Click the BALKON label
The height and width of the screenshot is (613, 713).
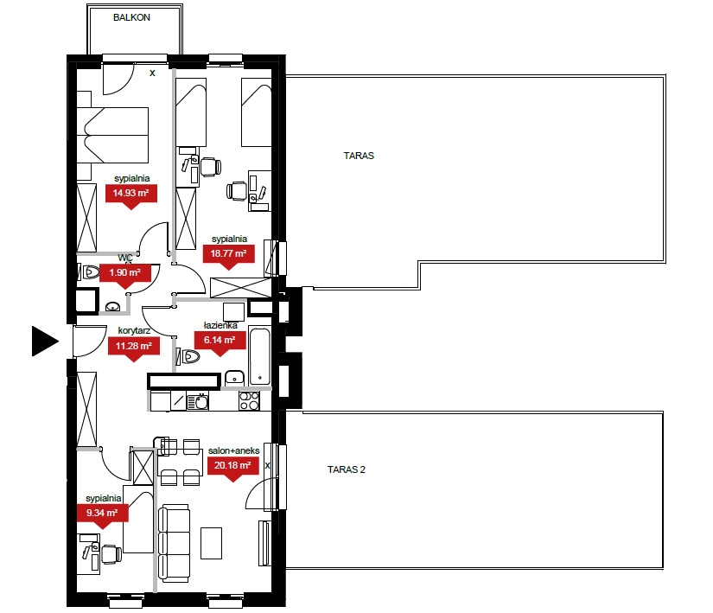(131, 17)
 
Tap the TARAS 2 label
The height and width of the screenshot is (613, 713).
(346, 469)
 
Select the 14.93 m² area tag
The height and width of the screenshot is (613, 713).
(131, 195)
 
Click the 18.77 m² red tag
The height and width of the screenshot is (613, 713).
(228, 255)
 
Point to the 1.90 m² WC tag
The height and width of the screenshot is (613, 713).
(125, 274)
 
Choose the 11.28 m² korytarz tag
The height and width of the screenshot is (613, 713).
(134, 348)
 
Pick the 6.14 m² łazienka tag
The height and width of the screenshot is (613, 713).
(220, 342)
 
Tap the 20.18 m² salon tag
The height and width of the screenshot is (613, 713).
(233, 467)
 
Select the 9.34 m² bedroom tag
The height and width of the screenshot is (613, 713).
(102, 514)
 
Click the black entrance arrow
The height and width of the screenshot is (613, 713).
(45, 341)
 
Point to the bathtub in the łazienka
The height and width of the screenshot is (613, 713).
(259, 356)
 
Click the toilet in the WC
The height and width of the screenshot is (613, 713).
(90, 272)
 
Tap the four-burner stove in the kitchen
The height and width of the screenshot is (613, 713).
(249, 400)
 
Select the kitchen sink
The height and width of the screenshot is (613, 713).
(198, 401)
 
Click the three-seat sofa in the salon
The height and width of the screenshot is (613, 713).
(174, 543)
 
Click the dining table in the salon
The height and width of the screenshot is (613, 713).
(180, 462)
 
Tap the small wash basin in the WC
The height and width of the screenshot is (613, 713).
(112, 307)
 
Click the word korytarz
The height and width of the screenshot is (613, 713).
(134, 330)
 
